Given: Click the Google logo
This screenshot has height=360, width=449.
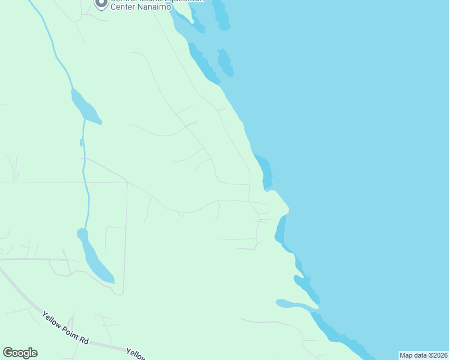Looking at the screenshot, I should [20, 353].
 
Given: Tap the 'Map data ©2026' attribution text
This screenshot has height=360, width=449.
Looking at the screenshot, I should [423, 355].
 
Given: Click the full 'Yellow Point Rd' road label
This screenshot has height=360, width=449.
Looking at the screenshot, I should [65, 327].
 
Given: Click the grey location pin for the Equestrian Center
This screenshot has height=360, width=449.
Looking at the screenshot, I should [101, 4].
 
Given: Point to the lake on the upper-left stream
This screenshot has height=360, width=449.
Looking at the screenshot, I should [84, 107].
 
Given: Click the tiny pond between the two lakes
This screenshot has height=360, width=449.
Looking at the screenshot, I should [81, 143].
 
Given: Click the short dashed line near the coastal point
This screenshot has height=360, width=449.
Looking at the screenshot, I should [268, 220].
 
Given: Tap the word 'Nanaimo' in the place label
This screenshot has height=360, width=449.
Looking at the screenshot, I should [153, 7].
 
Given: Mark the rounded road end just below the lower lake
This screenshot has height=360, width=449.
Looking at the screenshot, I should [118, 292].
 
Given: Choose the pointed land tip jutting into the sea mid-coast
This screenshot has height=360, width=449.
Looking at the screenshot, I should [287, 209].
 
